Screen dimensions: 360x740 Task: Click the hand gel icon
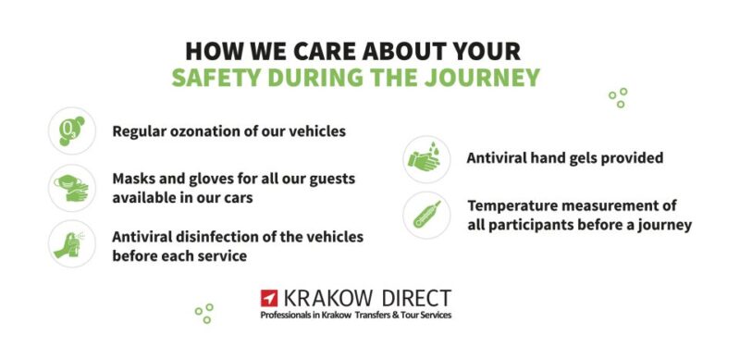pos(426,159)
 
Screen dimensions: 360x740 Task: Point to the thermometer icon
pos(426,215)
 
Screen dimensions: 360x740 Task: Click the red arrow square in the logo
pos(270,299)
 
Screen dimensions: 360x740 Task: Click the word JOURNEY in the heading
pos(482,77)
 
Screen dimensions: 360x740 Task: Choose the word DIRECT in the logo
pos(415,298)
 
